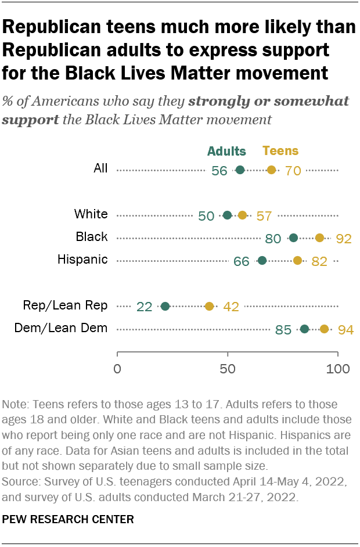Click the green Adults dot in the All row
click(240, 170)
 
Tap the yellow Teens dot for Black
click(319, 237)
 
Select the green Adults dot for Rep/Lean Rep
click(165, 306)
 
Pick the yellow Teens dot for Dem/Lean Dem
click(325, 329)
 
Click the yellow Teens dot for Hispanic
click(298, 260)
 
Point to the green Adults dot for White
click(227, 215)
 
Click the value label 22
click(144, 307)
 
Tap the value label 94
click(347, 330)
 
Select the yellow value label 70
click(293, 171)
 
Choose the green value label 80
click(273, 238)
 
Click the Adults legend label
click(226, 151)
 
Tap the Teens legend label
click(280, 151)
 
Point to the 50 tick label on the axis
click(228, 369)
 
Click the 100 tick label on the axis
click(337, 369)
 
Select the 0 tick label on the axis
click(117, 369)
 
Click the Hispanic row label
click(82, 260)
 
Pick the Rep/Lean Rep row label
click(65, 305)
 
